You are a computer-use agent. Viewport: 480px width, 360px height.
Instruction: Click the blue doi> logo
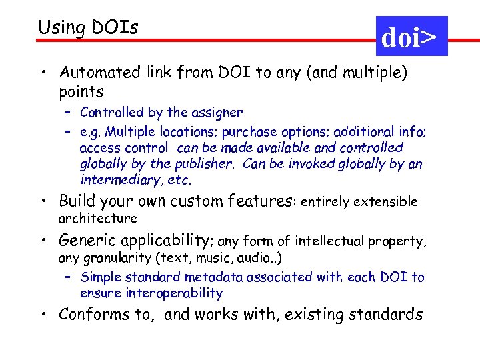click(x=411, y=37)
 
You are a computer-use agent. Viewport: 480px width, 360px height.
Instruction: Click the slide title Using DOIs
click(x=88, y=27)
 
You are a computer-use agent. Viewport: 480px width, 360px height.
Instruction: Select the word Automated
click(x=97, y=72)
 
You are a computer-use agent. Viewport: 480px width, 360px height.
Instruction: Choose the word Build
click(x=77, y=201)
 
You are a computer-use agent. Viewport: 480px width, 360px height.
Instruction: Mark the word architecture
click(x=97, y=218)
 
